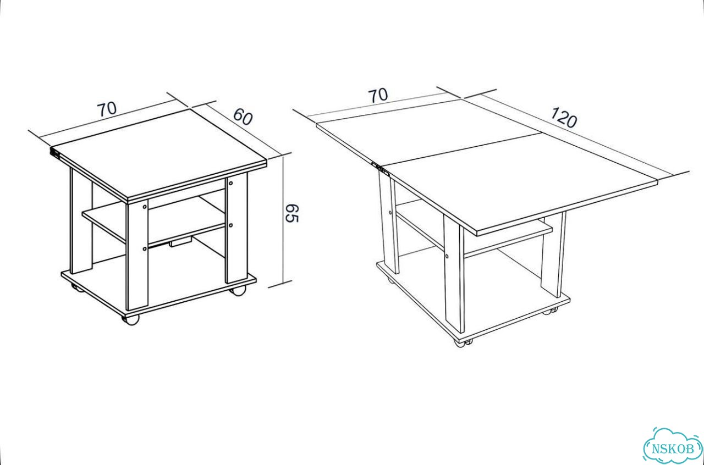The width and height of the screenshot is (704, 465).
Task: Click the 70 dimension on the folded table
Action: coord(107,109)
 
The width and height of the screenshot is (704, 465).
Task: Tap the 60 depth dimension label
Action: coord(243,117)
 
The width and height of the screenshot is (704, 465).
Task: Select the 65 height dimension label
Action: coord(291,213)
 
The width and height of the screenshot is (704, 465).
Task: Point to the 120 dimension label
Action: coord(564,118)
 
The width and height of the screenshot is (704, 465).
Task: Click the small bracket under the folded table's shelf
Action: coord(180,243)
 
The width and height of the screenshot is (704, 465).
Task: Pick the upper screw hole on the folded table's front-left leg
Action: coord(144,207)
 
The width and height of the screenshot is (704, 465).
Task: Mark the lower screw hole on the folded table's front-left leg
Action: coord(144,249)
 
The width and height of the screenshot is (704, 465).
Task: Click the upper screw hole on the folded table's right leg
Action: coord(230,183)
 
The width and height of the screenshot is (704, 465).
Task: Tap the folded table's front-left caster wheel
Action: coord(130,319)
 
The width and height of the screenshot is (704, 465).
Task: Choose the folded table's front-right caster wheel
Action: coord(238,291)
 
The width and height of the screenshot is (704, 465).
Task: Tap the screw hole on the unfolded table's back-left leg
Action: coord(390,213)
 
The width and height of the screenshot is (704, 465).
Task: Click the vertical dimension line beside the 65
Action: coord(284,220)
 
